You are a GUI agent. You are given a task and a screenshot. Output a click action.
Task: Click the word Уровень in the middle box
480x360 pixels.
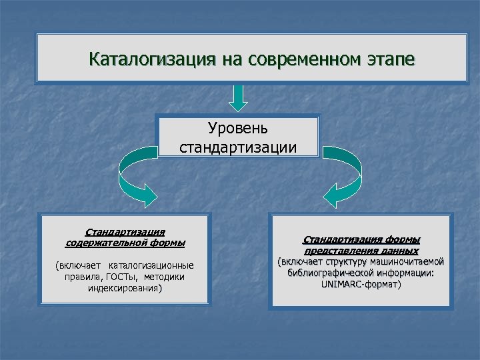pos(238,127)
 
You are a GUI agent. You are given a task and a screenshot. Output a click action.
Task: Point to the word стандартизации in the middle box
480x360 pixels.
pos(238,146)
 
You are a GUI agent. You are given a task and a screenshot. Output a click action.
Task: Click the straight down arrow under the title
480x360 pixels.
pos(238,97)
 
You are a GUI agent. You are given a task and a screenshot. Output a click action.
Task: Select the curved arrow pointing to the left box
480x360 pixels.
pos(136,175)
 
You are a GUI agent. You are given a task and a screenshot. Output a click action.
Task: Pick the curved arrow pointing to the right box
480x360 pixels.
pos(343,175)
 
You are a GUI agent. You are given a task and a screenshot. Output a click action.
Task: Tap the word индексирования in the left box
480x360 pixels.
pos(123,289)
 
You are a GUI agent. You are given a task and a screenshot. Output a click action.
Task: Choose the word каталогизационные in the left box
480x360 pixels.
pos(151,265)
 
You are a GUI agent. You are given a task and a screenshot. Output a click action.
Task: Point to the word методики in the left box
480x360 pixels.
pos(163,277)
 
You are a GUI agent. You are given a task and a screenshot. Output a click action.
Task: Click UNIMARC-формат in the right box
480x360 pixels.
pos(359,285)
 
